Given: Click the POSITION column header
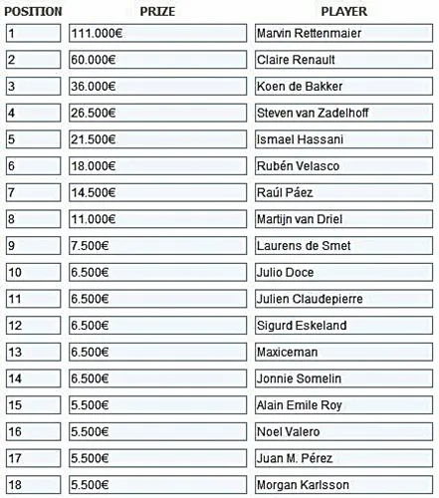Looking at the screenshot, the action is coord(34,11).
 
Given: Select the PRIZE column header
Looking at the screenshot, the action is coord(159,11).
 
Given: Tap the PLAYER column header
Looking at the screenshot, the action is coord(344,11).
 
